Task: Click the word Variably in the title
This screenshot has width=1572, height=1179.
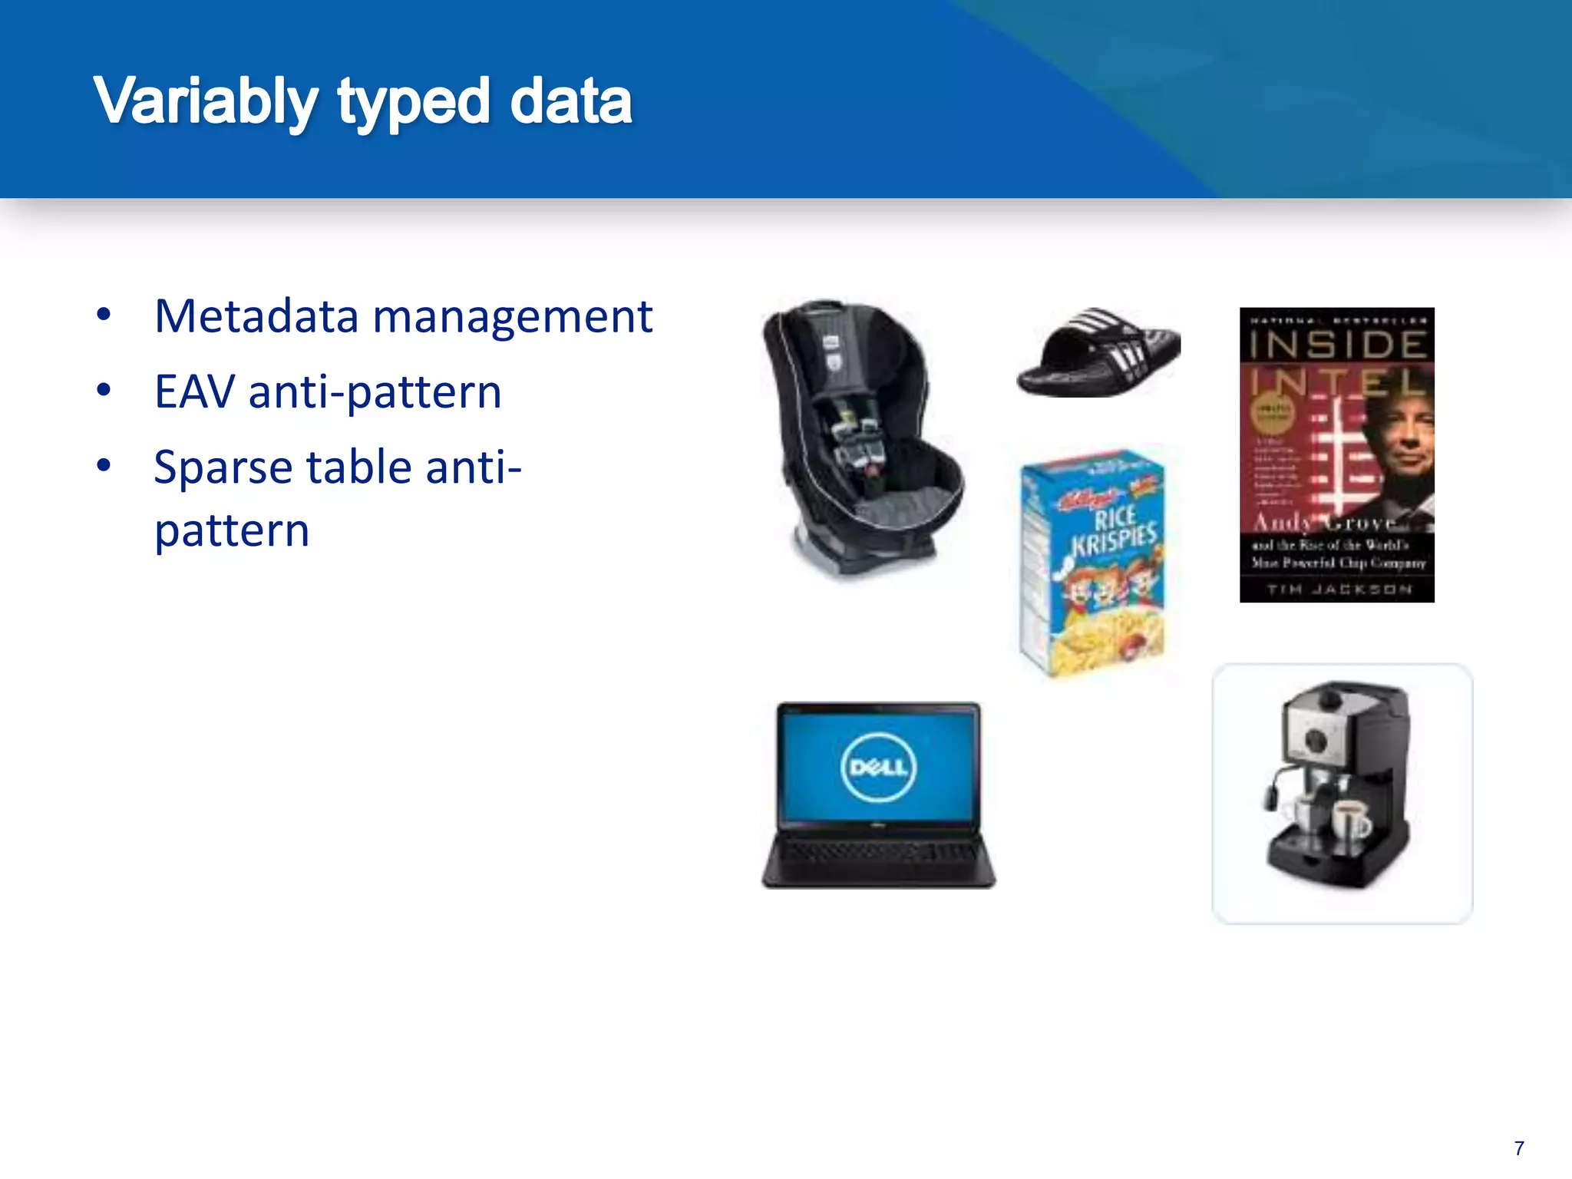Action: [x=205, y=102]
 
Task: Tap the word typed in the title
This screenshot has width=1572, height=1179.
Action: [x=414, y=102]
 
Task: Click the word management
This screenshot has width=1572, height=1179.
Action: [x=512, y=317]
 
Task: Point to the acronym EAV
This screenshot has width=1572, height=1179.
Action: [x=194, y=391]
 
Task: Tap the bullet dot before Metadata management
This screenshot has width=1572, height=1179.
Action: [x=104, y=315]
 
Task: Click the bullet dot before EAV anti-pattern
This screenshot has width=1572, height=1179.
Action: [x=104, y=390]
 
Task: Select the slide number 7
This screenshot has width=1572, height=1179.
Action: [x=1519, y=1148]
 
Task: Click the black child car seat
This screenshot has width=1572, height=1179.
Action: [x=860, y=438]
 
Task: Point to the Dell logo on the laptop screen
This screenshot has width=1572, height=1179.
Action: [x=878, y=767]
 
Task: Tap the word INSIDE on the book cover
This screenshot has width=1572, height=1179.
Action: [x=1337, y=345]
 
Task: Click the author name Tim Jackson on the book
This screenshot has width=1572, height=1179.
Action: [x=1339, y=589]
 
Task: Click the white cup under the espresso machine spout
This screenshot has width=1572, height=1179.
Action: [x=1351, y=819]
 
